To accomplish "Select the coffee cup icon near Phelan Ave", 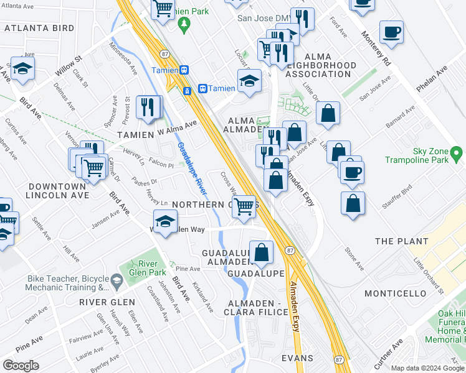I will (x=391, y=32).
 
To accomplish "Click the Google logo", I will (x=21, y=366).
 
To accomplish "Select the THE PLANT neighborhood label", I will (x=402, y=241).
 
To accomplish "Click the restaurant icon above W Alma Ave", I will (x=148, y=106).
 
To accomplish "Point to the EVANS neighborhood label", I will (x=297, y=359).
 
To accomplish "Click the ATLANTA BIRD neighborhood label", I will (x=40, y=27).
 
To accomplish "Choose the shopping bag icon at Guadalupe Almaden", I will (x=262, y=252).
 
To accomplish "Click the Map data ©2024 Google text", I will (x=427, y=367).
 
